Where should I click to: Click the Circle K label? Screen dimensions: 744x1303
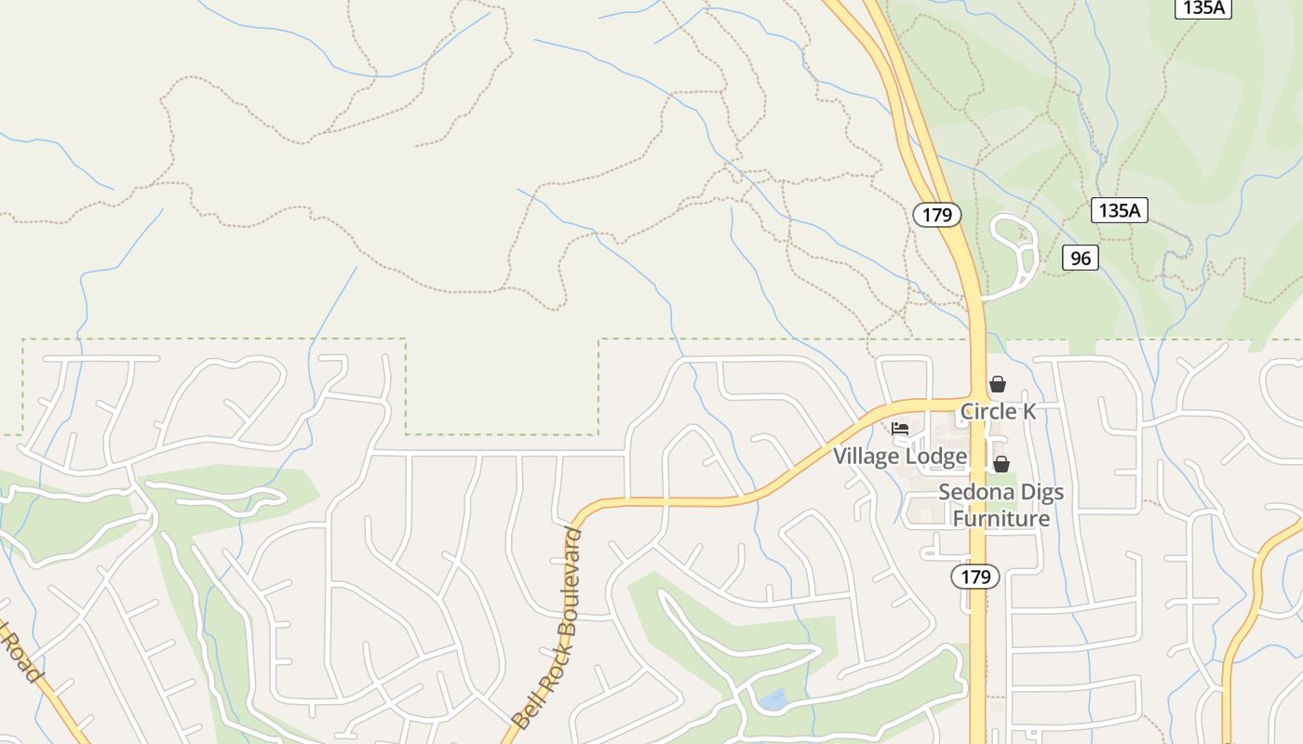[998, 411]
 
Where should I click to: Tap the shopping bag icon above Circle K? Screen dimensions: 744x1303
[998, 384]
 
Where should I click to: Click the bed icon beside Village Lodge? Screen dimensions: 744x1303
[900, 429]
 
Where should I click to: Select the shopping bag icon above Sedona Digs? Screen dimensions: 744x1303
[1001, 463]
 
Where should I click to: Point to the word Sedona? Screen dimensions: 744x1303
[975, 492]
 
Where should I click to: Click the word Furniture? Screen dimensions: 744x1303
[1001, 518]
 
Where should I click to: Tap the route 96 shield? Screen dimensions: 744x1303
[1080, 258]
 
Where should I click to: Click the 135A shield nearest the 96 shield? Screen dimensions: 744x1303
[1119, 210]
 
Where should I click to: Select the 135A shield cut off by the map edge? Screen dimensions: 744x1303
[1203, 8]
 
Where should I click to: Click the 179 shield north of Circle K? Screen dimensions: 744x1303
[936, 216]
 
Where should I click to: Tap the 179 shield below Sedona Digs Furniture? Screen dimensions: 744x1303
[975, 577]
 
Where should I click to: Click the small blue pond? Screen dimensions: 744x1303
[772, 699]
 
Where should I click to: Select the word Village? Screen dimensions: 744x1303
[867, 457]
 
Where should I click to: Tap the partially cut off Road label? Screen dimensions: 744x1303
[20, 654]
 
